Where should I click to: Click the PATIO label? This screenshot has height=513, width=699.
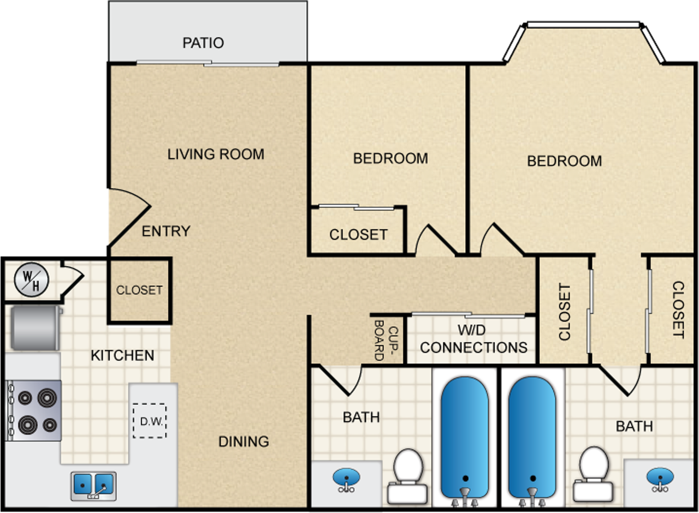tap(203, 43)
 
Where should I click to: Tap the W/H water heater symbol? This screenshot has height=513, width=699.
tap(31, 279)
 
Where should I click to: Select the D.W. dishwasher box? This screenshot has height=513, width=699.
tap(150, 420)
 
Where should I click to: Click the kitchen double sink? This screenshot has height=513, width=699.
tap(93, 485)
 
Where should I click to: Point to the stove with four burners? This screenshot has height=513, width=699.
tap(34, 410)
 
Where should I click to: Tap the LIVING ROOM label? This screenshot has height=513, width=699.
tap(216, 154)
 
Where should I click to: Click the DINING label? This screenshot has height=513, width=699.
tap(244, 441)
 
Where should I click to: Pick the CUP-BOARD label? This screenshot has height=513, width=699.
tap(386, 340)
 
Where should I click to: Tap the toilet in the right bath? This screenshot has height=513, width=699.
tap(592, 473)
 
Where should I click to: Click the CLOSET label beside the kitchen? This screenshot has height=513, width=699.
tap(139, 290)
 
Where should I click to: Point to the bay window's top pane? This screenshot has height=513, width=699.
tap(583, 25)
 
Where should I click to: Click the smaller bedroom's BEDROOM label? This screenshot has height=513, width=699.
tap(390, 158)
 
